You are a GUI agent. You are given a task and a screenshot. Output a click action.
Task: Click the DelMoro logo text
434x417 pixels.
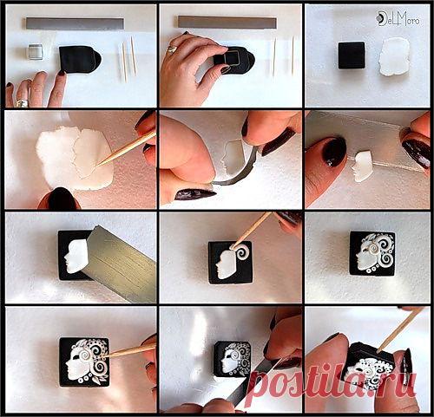[399, 19]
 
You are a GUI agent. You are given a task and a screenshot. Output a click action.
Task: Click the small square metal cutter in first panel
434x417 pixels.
[36, 52]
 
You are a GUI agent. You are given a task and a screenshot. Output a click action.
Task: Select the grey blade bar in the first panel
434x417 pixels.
[76, 23]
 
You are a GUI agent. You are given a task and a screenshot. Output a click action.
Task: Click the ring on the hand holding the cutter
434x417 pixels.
[173, 49]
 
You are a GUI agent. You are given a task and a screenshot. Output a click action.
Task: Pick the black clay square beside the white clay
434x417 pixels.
[352, 55]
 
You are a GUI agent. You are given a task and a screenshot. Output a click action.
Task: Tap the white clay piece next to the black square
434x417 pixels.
[395, 56]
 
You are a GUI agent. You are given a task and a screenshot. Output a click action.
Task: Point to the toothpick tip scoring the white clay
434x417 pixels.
[97, 166]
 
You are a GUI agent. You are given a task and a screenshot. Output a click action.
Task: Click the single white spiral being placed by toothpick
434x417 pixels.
[242, 252]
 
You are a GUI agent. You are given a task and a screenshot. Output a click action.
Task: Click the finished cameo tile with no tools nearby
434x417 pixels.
[372, 254]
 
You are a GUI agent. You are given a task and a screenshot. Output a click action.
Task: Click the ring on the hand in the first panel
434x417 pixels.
[22, 103]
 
